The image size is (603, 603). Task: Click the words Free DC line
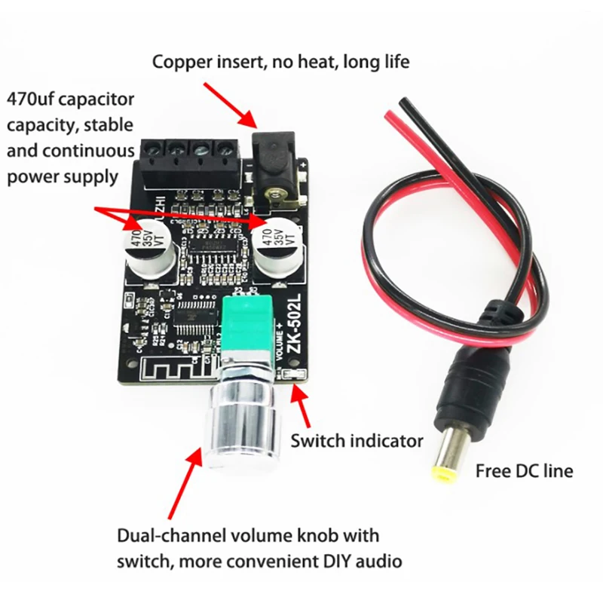524,471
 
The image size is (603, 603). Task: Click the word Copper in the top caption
182,61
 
